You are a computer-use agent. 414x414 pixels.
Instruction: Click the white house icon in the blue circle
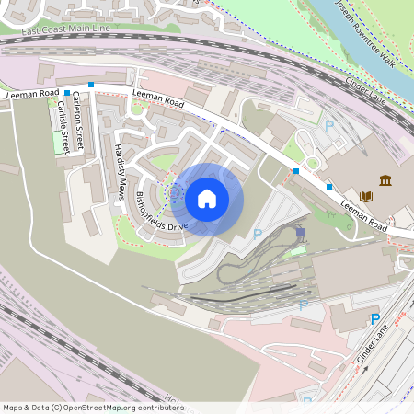[207, 198]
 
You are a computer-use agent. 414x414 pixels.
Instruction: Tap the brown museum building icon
[385, 179]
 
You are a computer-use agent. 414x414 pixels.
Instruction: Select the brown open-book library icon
[366, 196]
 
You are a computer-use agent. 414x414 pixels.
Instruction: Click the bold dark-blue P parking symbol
[374, 319]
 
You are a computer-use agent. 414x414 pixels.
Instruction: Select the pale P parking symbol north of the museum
[329, 125]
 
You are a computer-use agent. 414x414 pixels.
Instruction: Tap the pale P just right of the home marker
[258, 234]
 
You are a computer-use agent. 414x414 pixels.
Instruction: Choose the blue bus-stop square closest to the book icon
[329, 186]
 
